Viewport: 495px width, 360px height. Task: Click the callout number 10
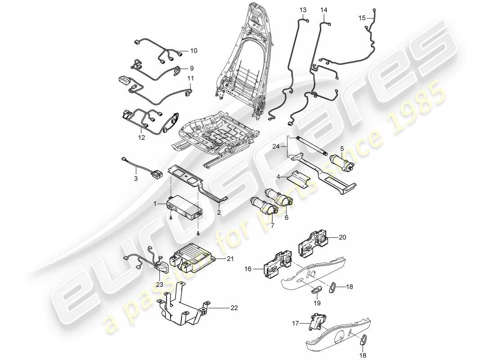click(193, 50)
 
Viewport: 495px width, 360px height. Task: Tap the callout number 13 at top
click(302, 9)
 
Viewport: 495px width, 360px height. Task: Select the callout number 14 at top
click(324, 9)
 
